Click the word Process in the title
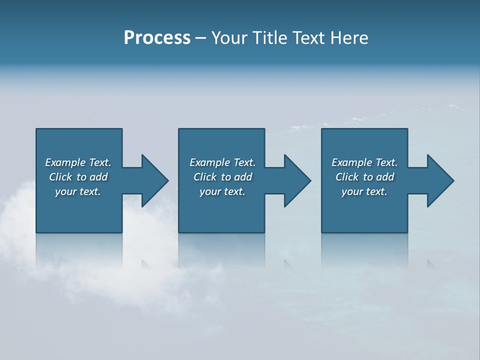click(157, 38)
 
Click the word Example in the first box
click(65, 162)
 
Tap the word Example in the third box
click(352, 162)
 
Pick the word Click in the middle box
click(205, 177)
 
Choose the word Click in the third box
click(347, 177)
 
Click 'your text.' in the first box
click(78, 191)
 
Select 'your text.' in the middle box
click(222, 191)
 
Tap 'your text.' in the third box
click(364, 191)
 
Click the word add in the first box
click(98, 177)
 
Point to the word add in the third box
click(385, 177)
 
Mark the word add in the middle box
click(243, 177)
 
